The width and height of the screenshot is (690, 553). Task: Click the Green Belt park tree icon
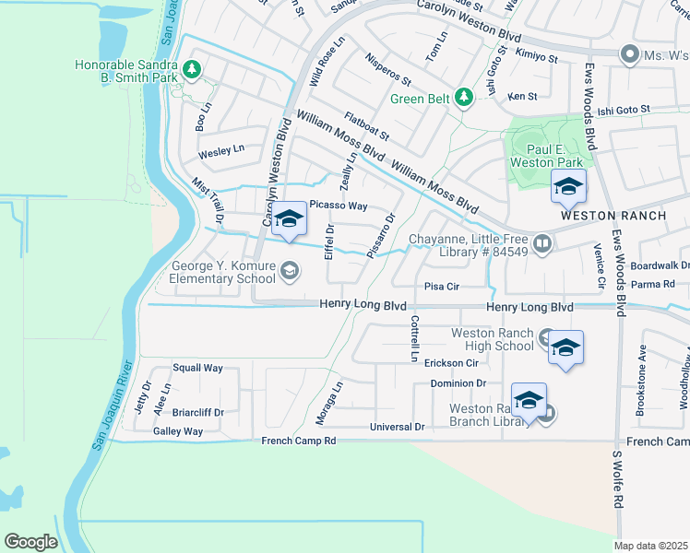(468, 97)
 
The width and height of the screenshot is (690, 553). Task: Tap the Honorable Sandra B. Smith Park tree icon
(192, 69)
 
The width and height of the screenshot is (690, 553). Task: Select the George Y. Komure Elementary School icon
(290, 269)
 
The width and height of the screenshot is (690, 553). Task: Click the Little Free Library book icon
(542, 244)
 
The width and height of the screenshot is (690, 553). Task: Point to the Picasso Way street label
(339, 206)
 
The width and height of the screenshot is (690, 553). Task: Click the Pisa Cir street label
(441, 287)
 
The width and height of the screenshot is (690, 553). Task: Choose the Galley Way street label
(178, 431)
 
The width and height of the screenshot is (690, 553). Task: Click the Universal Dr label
(397, 428)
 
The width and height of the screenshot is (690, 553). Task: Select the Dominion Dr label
(458, 382)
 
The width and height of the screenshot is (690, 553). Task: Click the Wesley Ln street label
(221, 149)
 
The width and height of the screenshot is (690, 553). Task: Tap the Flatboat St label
(367, 127)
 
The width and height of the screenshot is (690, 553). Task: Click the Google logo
(30, 542)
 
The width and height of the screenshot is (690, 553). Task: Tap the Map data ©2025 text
(651, 546)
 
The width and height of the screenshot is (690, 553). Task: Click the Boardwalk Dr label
(660, 265)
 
